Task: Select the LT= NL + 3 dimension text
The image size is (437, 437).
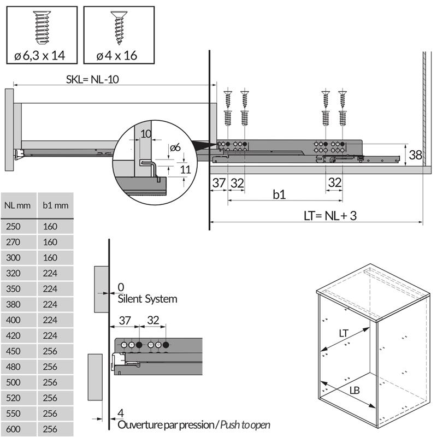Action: pos(330,215)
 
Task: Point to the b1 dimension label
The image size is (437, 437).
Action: pos(279,193)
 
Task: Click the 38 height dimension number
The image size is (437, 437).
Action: pos(415,155)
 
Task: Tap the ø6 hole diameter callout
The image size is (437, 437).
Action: pos(175,148)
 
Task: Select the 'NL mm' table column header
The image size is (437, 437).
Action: pos(19,205)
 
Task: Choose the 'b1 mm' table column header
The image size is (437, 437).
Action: pos(56,205)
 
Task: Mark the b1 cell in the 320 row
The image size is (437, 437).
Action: pos(50,273)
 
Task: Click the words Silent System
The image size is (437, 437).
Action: pos(147,299)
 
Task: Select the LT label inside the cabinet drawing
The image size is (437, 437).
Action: pos(344,332)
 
